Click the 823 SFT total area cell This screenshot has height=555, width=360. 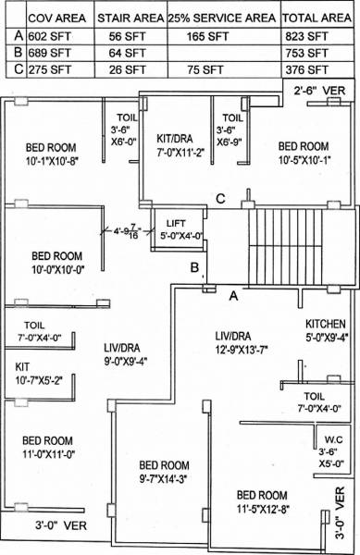(x=306, y=35)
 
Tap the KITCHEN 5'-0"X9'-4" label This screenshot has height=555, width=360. (x=326, y=330)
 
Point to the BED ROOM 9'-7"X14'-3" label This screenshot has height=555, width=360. (x=164, y=472)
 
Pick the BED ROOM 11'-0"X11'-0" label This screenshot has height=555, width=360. (x=48, y=447)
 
